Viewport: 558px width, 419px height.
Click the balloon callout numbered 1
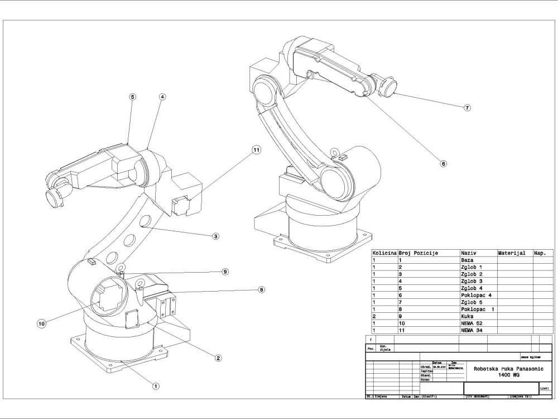tap(156, 385)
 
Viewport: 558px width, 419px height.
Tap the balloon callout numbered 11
tap(256, 150)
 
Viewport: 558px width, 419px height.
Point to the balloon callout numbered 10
tap(41, 323)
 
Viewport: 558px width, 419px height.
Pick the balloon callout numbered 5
tap(132, 97)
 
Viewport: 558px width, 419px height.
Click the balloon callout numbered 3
tap(215, 236)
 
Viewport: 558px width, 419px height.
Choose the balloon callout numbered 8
tap(261, 289)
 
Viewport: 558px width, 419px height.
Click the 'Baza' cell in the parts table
tap(478, 260)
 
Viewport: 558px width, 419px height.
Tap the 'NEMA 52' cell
tap(478, 323)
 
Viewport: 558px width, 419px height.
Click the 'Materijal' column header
tap(514, 253)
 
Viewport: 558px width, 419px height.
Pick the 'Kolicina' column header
tap(384, 253)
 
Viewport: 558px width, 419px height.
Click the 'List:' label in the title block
tap(545, 388)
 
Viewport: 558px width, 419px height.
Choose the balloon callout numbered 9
tap(225, 272)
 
